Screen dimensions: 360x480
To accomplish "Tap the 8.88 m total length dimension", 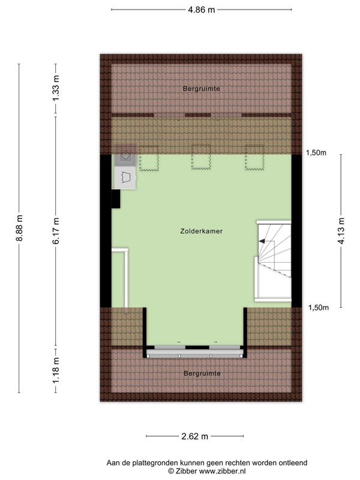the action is [20, 228].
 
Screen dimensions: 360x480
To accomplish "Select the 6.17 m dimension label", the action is [56, 231].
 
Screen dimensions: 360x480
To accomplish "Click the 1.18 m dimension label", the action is [56, 370].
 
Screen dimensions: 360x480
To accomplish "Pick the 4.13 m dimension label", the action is [341, 230].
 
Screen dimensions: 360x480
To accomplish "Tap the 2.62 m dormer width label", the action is [194, 436].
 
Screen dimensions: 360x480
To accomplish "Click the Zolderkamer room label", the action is [202, 231].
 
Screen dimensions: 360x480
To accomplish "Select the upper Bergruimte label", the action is [202, 89].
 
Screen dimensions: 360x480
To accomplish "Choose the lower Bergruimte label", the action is [202, 373].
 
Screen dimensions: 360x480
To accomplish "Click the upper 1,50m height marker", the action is [316, 152].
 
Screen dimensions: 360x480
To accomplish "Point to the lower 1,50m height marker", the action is [319, 308].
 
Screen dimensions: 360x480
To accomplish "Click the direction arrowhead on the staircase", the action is [262, 241].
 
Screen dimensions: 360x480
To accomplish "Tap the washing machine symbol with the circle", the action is [125, 156].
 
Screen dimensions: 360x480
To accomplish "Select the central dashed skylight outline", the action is [201, 157].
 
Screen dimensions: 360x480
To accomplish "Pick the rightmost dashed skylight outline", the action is [254, 158].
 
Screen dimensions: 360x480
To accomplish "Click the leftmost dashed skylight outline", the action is [149, 158].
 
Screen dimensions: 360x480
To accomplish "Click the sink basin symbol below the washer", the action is [125, 178].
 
